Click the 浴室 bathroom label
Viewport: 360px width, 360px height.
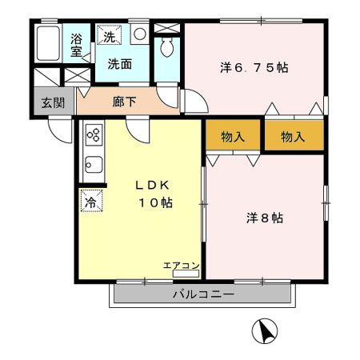77,45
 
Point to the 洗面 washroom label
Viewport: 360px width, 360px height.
120,64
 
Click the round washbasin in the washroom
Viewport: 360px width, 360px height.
138,34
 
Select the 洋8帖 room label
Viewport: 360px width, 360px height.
263,218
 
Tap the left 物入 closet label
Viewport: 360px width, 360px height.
233,137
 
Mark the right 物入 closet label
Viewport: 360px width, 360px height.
294,137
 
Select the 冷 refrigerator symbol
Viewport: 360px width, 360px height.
90,201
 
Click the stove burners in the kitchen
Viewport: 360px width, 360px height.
92,134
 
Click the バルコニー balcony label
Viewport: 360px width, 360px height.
202,295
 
